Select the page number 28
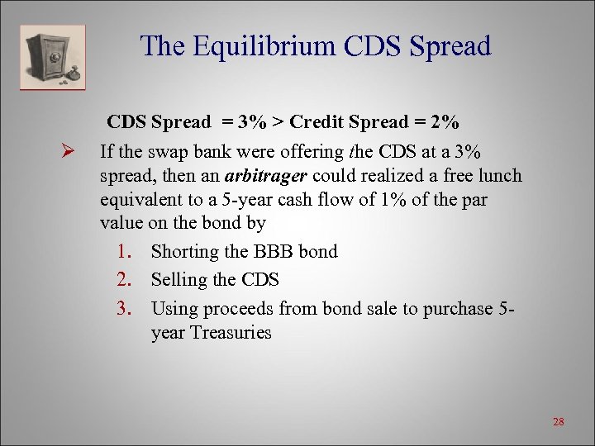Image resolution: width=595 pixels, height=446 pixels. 558,422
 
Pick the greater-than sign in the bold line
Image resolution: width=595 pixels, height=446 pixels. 281,122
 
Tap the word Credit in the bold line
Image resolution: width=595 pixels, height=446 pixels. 318,122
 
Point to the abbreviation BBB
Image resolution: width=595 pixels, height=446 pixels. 277,251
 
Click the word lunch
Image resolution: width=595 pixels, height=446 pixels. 498,176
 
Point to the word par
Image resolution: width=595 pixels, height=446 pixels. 472,200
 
